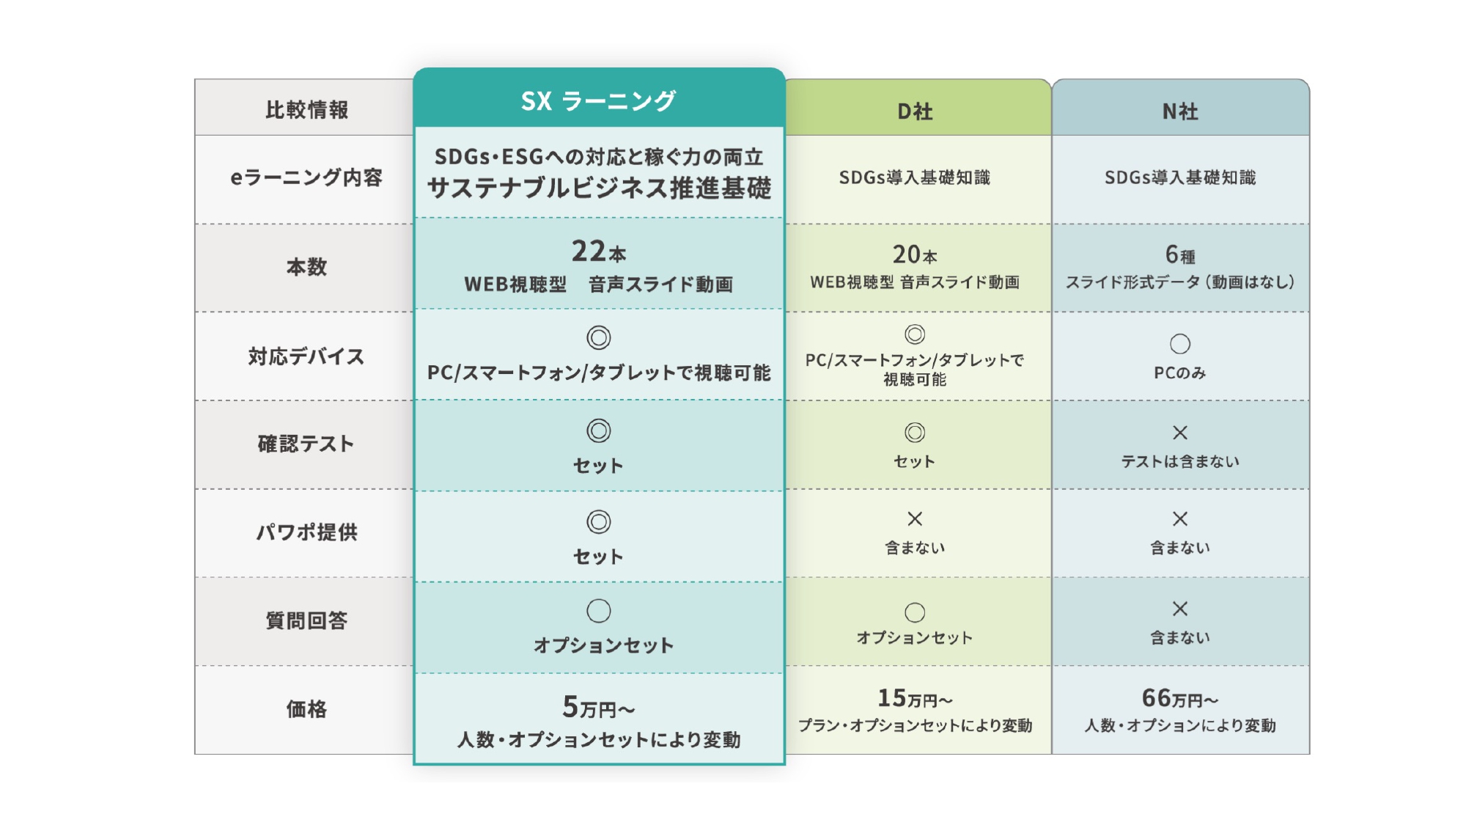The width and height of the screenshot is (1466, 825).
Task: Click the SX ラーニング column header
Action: coord(598,100)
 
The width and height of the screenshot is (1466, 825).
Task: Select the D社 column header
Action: coord(915,111)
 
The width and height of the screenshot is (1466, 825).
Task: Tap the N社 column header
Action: coord(1180,111)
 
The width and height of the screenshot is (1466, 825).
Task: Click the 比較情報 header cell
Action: coord(306,110)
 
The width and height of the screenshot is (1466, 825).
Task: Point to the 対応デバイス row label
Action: coord(306,356)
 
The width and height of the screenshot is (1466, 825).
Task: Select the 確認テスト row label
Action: coord(306,444)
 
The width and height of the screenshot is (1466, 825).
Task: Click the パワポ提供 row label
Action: coord(306,532)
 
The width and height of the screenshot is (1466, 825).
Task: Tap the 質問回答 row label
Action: coord(306,620)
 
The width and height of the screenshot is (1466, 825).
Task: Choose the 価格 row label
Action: coord(306,709)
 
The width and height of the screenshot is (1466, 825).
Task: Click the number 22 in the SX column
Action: coord(589,251)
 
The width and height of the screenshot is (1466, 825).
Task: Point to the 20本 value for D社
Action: coord(915,254)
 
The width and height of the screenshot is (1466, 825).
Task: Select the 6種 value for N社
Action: coord(1180,254)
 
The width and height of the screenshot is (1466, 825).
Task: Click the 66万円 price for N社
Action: coord(1180,697)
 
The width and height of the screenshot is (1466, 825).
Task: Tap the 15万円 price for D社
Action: coord(915,697)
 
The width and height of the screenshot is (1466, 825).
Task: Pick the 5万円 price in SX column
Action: coord(598,707)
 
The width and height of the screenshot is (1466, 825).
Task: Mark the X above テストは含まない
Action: coord(1180,433)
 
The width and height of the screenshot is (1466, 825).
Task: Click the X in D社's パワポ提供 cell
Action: coord(915,519)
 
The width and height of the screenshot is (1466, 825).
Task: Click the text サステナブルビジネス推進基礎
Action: coord(599,188)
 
